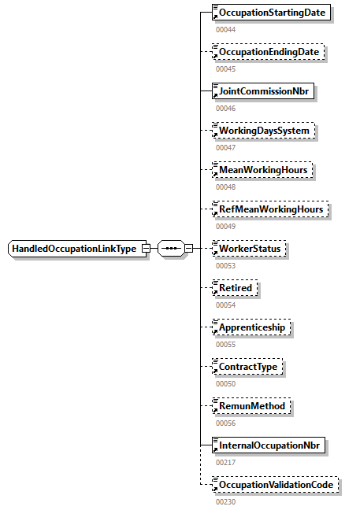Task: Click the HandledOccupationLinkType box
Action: tap(75, 249)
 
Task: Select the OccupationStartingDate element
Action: tap(272, 13)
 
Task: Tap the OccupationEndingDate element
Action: tap(269, 52)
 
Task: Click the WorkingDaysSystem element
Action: tap(264, 131)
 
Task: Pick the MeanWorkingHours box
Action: tap(263, 170)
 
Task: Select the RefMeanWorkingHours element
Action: tap(270, 209)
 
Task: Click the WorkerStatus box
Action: tap(251, 249)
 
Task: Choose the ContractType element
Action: tap(248, 367)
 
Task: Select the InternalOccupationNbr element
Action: tap(270, 445)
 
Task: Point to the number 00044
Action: tap(225, 29)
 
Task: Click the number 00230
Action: tap(225, 501)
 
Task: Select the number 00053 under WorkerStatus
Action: tap(225, 265)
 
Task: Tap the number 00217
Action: tap(225, 462)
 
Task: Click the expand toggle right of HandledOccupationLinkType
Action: tap(146, 249)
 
